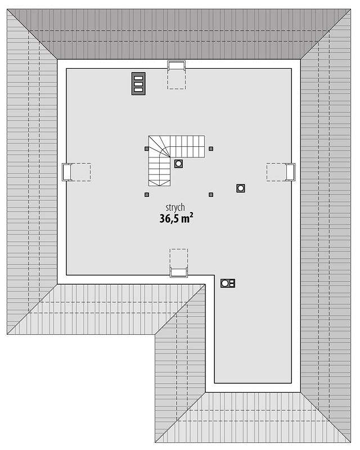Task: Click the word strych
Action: (175, 208)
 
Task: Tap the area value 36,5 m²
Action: (176, 218)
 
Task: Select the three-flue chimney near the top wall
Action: (138, 83)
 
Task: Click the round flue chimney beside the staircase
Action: (178, 164)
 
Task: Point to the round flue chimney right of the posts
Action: (241, 188)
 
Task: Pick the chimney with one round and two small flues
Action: (228, 283)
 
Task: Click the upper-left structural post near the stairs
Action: (147, 148)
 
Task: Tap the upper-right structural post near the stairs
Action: (211, 148)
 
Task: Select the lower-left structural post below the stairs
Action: (147, 195)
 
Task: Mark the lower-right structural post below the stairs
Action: (211, 195)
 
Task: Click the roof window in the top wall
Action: (177, 65)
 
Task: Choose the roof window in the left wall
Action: (67, 172)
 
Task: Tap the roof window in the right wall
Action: (290, 172)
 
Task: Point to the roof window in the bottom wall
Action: (178, 272)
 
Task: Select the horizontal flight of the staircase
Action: (187, 147)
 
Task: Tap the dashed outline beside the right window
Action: (276, 172)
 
